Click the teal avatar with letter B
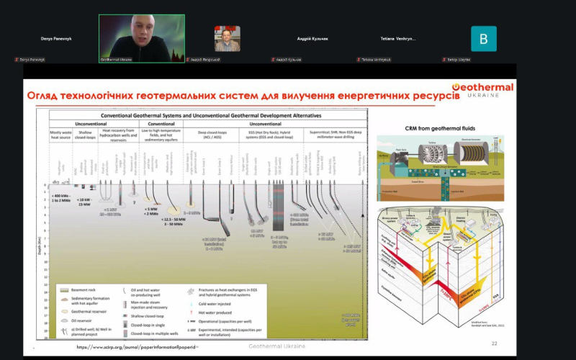point(484,38)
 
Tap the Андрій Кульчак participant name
point(312,38)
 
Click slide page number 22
point(494,344)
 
